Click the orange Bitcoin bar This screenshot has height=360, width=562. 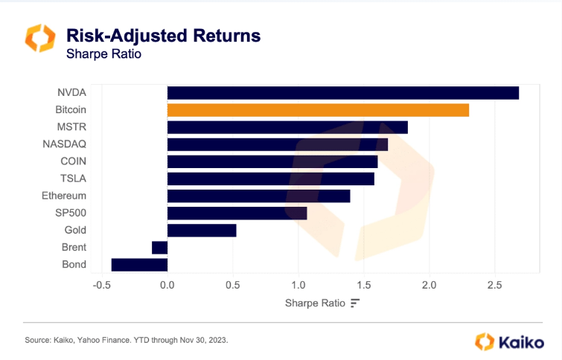(x=318, y=110)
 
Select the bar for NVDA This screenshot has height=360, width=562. (x=342, y=93)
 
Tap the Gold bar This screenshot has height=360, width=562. (x=202, y=231)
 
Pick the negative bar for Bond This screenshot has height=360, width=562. (x=139, y=265)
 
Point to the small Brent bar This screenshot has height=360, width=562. (x=159, y=248)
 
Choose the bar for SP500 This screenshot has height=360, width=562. (x=237, y=213)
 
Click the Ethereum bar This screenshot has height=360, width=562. (x=258, y=196)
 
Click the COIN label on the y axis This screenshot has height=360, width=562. (x=73, y=161)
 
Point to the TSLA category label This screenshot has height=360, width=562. (x=73, y=179)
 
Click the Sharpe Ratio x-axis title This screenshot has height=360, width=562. (x=315, y=303)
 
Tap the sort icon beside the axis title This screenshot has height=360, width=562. (x=355, y=303)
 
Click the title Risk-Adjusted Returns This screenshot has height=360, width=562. (x=163, y=35)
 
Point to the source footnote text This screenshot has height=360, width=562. (x=126, y=340)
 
